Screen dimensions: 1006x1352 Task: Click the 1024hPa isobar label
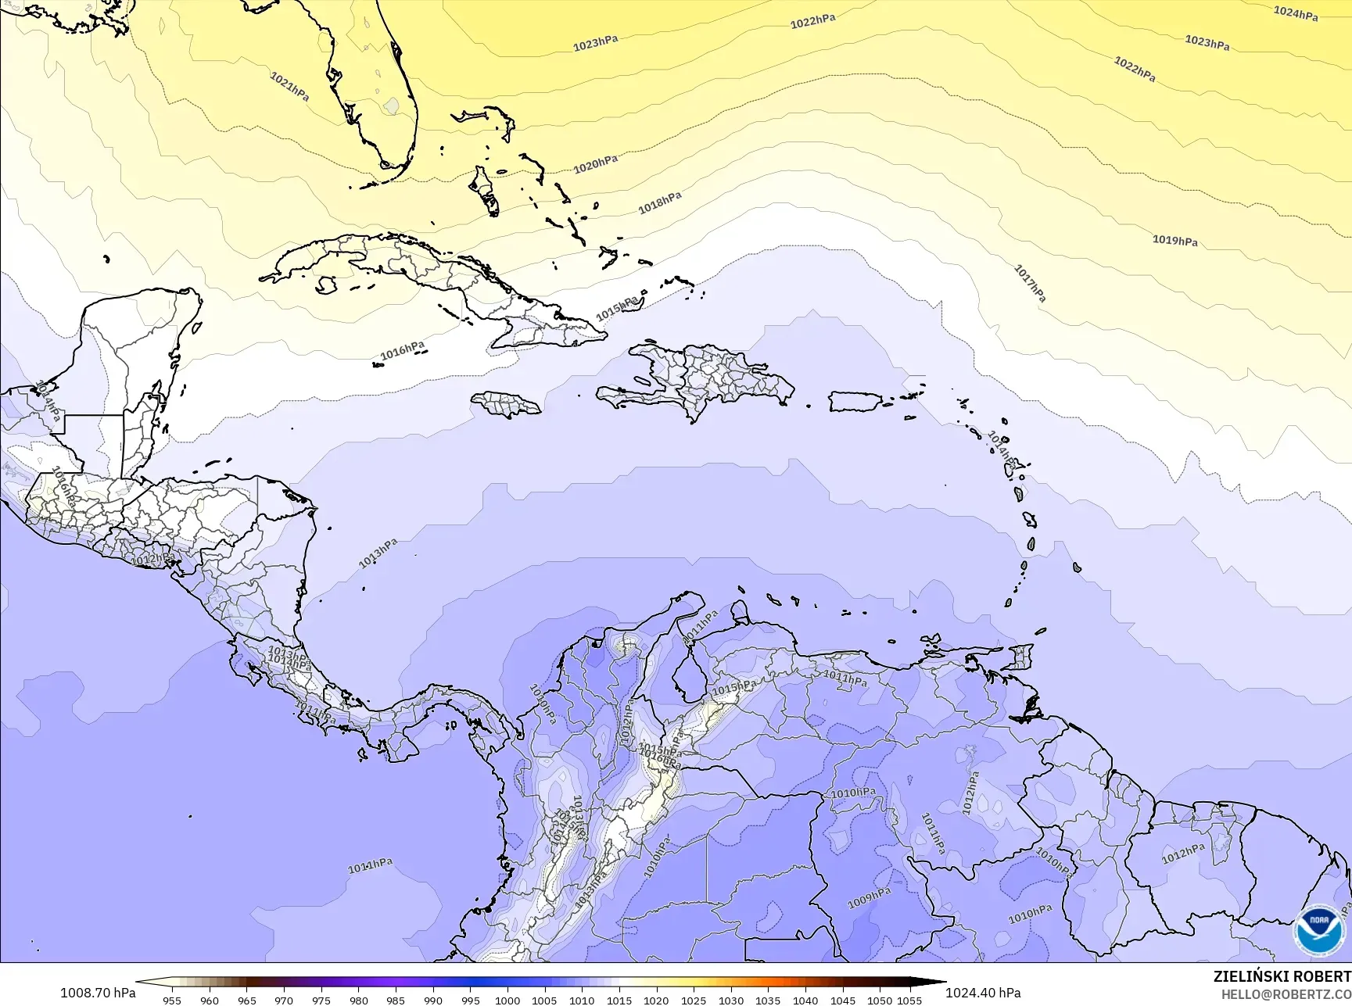click(x=1296, y=13)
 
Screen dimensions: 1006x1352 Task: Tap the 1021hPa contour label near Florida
click(x=289, y=86)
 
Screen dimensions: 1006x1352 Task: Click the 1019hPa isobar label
click(x=1174, y=241)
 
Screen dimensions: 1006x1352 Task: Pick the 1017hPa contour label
click(x=1030, y=283)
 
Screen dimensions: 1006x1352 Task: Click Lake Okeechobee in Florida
click(x=390, y=106)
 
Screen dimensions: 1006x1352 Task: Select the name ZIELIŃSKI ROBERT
click(x=1282, y=976)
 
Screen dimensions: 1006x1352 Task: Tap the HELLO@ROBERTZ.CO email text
click(x=1286, y=994)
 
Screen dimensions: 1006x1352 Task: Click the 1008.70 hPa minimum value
click(x=98, y=993)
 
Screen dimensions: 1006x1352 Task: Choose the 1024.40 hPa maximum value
click(x=983, y=993)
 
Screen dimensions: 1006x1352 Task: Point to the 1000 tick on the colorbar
click(x=507, y=1001)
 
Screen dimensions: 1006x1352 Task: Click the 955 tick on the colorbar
click(x=172, y=1001)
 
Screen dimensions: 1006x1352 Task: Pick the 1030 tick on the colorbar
click(x=730, y=1001)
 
